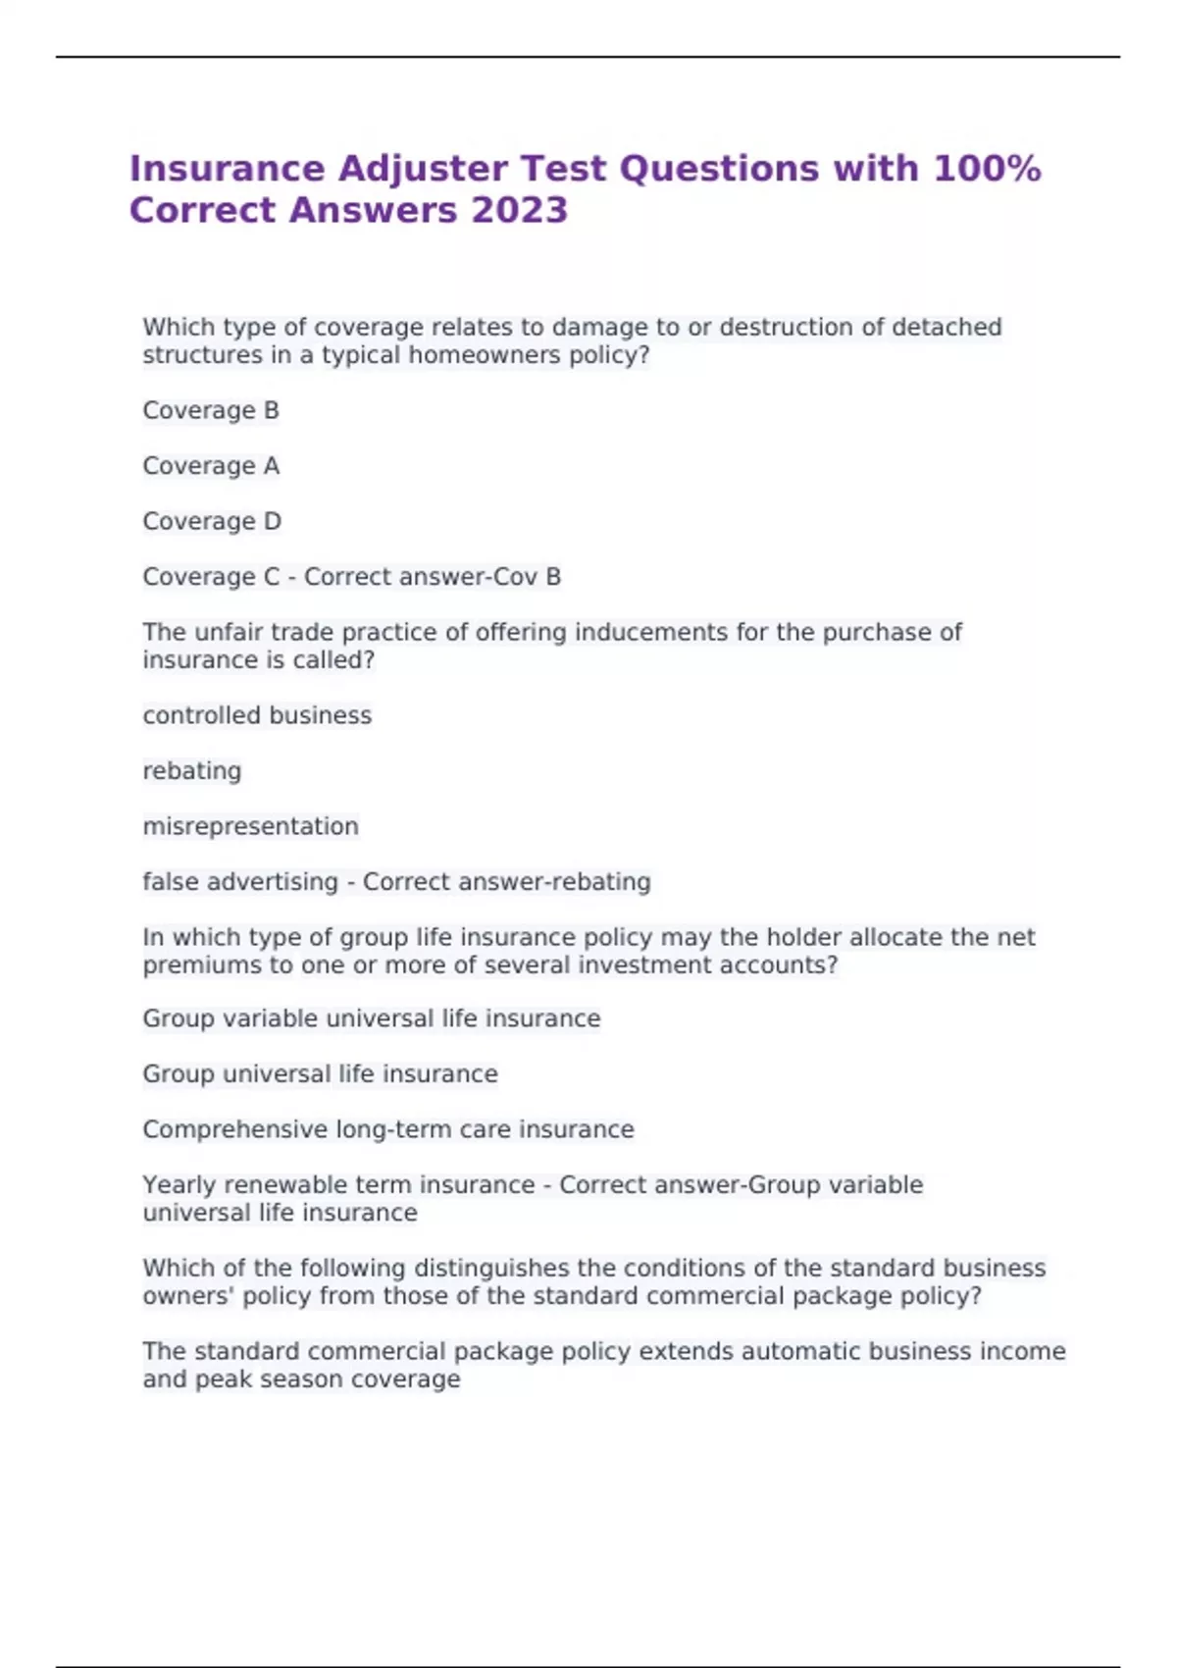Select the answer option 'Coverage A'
(211, 466)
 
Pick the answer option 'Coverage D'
(212, 521)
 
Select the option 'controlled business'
(257, 715)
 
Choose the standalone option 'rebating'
(192, 771)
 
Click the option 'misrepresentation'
(251, 826)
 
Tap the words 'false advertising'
(240, 882)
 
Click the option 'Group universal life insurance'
(320, 1074)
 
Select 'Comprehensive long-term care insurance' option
(388, 1129)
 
